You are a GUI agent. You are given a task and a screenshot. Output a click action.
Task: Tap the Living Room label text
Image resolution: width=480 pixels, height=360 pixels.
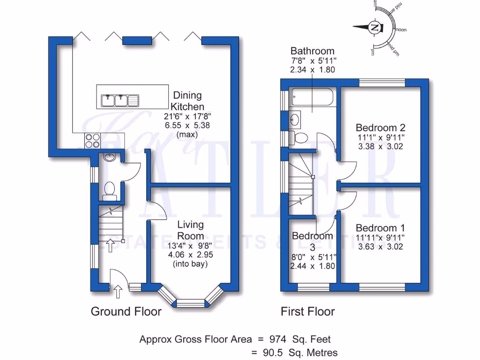click(x=190, y=230)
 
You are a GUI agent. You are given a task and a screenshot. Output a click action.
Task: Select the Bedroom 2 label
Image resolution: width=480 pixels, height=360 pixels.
click(x=380, y=127)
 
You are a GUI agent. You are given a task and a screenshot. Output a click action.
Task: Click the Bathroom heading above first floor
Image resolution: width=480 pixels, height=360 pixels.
click(x=312, y=51)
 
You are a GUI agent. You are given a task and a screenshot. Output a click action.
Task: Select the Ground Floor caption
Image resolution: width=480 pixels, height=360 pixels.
click(x=126, y=311)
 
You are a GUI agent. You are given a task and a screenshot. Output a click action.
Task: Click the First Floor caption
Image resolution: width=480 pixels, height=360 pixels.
click(x=307, y=311)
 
